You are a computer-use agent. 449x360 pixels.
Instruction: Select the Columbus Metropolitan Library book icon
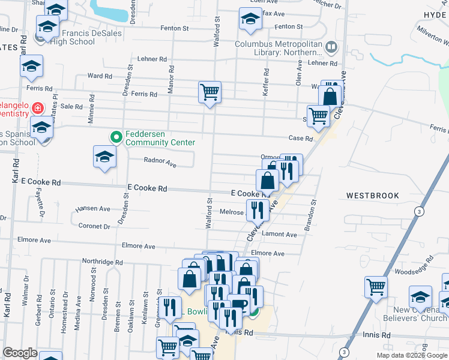click(x=331, y=46)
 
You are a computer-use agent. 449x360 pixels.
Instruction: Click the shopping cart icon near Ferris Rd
click(x=209, y=92)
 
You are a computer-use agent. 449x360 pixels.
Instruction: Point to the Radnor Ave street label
click(x=160, y=163)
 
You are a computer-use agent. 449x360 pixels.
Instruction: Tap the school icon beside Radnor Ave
click(x=104, y=157)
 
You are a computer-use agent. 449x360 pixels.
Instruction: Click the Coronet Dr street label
click(x=94, y=226)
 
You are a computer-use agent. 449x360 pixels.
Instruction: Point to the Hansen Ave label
click(x=92, y=209)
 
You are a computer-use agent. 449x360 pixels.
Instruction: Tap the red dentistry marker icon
click(x=37, y=108)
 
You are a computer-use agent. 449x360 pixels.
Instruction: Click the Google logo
click(x=20, y=353)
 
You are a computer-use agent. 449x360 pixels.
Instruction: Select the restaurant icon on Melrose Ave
click(x=257, y=210)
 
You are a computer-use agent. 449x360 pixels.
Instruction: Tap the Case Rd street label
click(x=301, y=139)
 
